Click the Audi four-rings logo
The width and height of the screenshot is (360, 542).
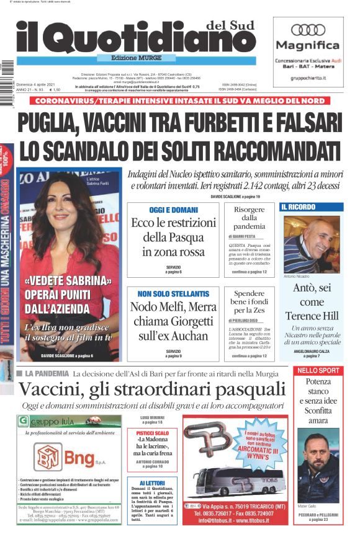pyautogui.click(x=308, y=29)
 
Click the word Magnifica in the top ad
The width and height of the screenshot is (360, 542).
pyautogui.click(x=308, y=45)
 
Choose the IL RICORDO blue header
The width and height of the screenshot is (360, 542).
pyautogui.click(x=299, y=207)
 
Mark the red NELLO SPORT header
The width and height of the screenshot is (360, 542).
pyautogui.click(x=318, y=370)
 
